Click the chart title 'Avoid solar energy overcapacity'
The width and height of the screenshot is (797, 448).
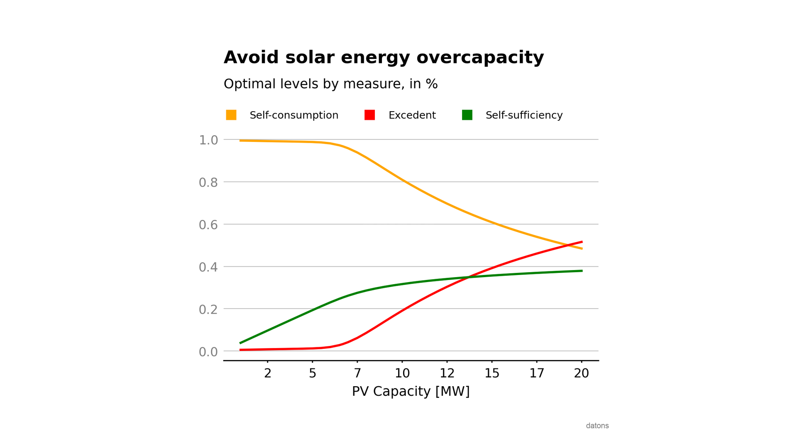point(384,57)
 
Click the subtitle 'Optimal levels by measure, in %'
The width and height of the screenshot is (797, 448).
point(330,84)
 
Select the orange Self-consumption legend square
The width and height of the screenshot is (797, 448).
point(231,115)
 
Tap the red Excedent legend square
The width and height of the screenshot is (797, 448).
point(369,115)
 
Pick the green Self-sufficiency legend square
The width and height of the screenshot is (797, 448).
point(467,115)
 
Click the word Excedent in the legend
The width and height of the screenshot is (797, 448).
point(412,115)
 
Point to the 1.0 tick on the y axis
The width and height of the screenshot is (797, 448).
point(208,140)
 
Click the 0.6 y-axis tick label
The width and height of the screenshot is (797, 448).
point(208,225)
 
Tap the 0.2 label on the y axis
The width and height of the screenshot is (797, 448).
point(208,309)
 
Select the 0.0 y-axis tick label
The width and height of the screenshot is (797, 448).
point(208,352)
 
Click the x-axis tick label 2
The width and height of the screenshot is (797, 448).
point(268,373)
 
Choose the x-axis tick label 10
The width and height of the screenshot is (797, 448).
point(402,373)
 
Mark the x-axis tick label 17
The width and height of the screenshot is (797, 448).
point(537,373)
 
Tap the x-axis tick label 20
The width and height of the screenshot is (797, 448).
point(582,373)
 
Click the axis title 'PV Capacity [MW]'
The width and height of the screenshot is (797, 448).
point(411,391)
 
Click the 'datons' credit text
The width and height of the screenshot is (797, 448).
point(597,426)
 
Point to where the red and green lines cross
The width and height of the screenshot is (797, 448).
point(468,277)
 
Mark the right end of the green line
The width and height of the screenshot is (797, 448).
point(582,271)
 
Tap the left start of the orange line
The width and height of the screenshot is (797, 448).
point(241,141)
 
